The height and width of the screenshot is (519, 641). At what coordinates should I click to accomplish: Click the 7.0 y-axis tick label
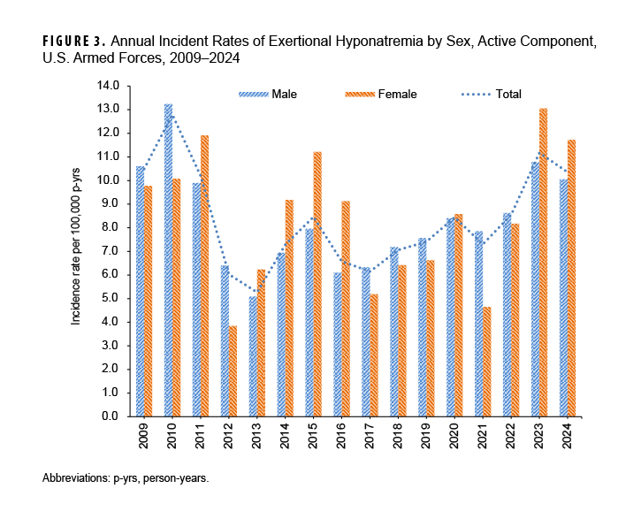[111, 251]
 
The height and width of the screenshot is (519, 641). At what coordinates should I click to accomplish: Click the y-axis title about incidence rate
[77, 251]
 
